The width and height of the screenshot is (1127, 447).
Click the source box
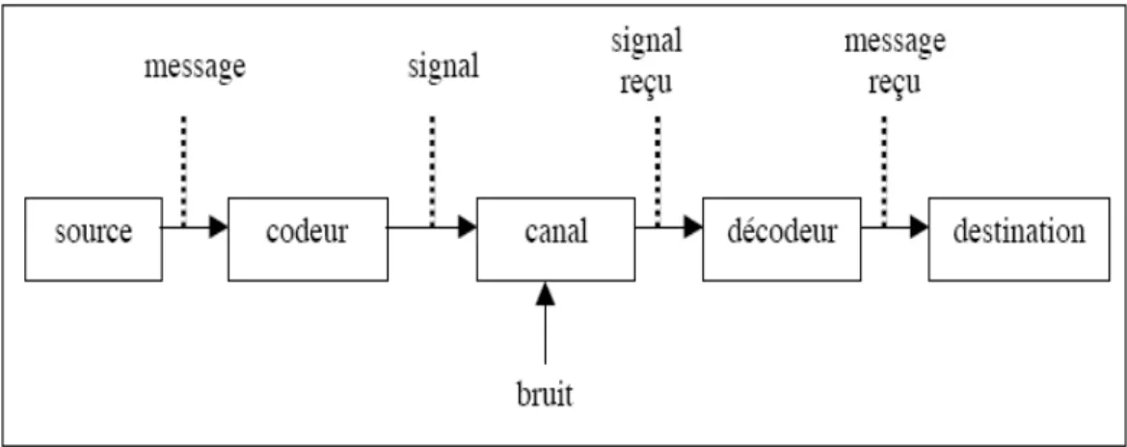coord(94,239)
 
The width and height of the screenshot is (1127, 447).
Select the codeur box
coord(308,239)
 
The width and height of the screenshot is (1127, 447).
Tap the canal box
coord(555,239)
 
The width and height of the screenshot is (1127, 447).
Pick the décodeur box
coord(782,239)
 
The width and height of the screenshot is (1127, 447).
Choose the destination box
coord(1019,239)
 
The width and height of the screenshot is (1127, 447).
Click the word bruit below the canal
coord(545,395)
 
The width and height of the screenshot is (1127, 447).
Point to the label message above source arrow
coord(195,67)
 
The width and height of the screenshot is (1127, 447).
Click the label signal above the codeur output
coord(443,66)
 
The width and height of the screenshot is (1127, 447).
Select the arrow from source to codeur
coord(195,227)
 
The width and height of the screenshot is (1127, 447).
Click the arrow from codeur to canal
coord(432,227)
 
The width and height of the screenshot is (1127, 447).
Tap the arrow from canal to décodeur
coord(668,227)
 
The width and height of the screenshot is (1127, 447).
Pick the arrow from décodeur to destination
coord(895,227)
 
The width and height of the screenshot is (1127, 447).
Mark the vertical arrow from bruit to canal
coord(545,323)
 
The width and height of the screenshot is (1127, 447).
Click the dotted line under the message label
coord(184,171)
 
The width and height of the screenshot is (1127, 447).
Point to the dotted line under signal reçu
coord(657,171)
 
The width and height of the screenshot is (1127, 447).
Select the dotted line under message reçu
coord(883,171)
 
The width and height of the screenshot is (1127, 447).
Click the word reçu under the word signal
coord(647,83)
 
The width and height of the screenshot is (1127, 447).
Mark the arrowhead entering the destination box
coord(920,227)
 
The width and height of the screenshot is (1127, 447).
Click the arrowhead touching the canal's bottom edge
coord(545,291)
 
